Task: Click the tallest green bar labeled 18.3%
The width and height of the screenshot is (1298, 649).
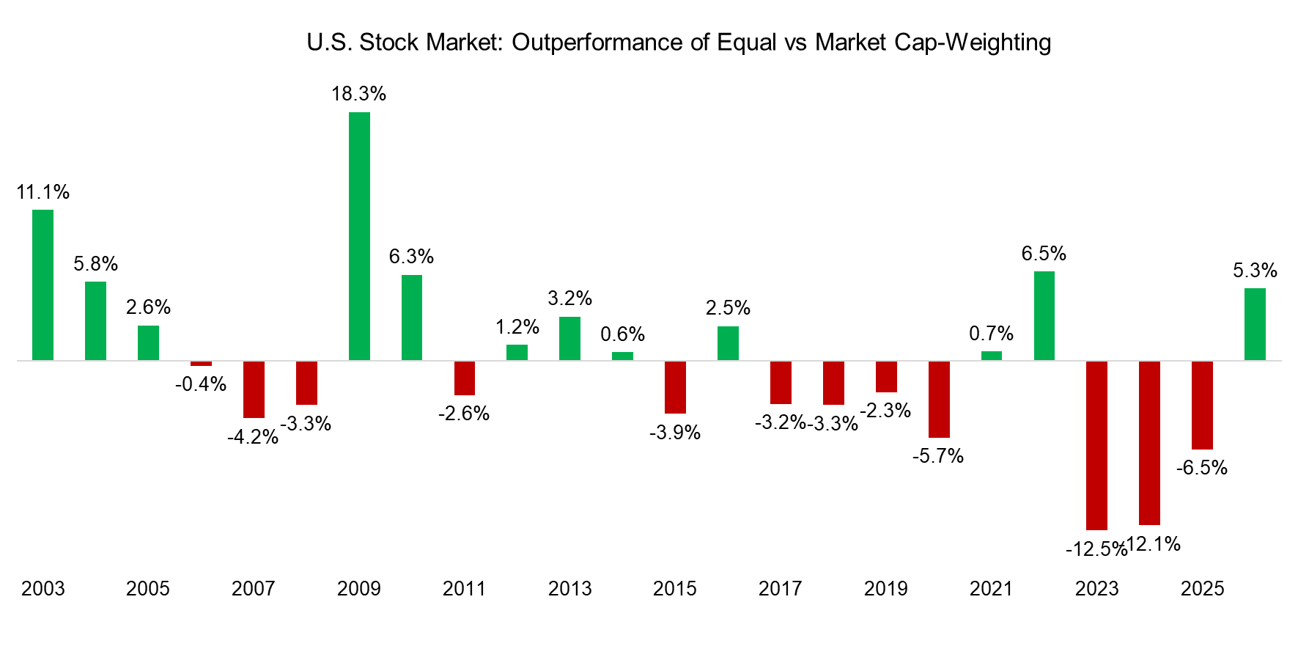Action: [359, 236]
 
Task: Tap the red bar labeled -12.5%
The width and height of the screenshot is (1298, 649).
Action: [1096, 445]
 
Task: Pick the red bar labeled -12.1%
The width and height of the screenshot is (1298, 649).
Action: [1149, 443]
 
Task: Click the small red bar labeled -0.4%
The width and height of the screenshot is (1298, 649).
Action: [201, 363]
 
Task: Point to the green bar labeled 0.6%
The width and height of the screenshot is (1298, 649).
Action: [622, 356]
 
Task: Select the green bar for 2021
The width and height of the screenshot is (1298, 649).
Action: [991, 356]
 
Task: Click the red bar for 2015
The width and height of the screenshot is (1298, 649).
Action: [675, 387]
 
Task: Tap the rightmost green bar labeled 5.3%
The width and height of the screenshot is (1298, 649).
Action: [1255, 324]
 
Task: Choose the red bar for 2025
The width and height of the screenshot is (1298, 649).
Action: [1202, 405]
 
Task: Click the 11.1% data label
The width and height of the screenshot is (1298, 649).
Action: [43, 192]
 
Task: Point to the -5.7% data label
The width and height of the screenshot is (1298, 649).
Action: [938, 456]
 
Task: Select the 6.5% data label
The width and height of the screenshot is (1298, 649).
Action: [1044, 254]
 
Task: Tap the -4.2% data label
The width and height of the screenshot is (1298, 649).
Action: [253, 437]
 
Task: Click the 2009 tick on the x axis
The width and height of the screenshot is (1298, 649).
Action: [359, 588]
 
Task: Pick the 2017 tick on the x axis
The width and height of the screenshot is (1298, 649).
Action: [781, 588]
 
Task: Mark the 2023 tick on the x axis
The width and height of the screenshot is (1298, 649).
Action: [1096, 588]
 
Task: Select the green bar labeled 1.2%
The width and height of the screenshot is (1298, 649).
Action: [517, 352]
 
